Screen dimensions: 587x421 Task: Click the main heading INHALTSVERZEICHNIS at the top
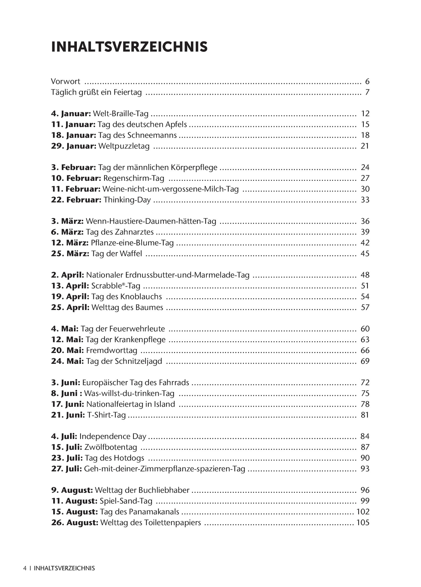tap(129, 47)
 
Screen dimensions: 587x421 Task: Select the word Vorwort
tap(66, 81)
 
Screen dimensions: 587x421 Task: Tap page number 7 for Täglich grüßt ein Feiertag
tap(367, 92)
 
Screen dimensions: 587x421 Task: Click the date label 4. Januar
tap(71, 114)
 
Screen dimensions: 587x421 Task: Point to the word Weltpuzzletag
tap(124, 146)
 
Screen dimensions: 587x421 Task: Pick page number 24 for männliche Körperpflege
tap(365, 167)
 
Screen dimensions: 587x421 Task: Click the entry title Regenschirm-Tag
tap(134, 178)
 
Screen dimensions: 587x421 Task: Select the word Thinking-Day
tap(127, 200)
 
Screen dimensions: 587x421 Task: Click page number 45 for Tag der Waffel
tap(365, 254)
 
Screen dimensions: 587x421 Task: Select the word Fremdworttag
tap(112, 351)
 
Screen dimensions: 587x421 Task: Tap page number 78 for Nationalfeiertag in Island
tap(365, 404)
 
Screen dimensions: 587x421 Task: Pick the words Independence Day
tap(113, 437)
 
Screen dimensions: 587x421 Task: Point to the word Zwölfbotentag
tap(111, 447)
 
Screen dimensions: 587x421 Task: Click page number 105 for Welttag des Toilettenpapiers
tap(363, 523)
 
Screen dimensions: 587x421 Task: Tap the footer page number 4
tap(25, 568)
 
